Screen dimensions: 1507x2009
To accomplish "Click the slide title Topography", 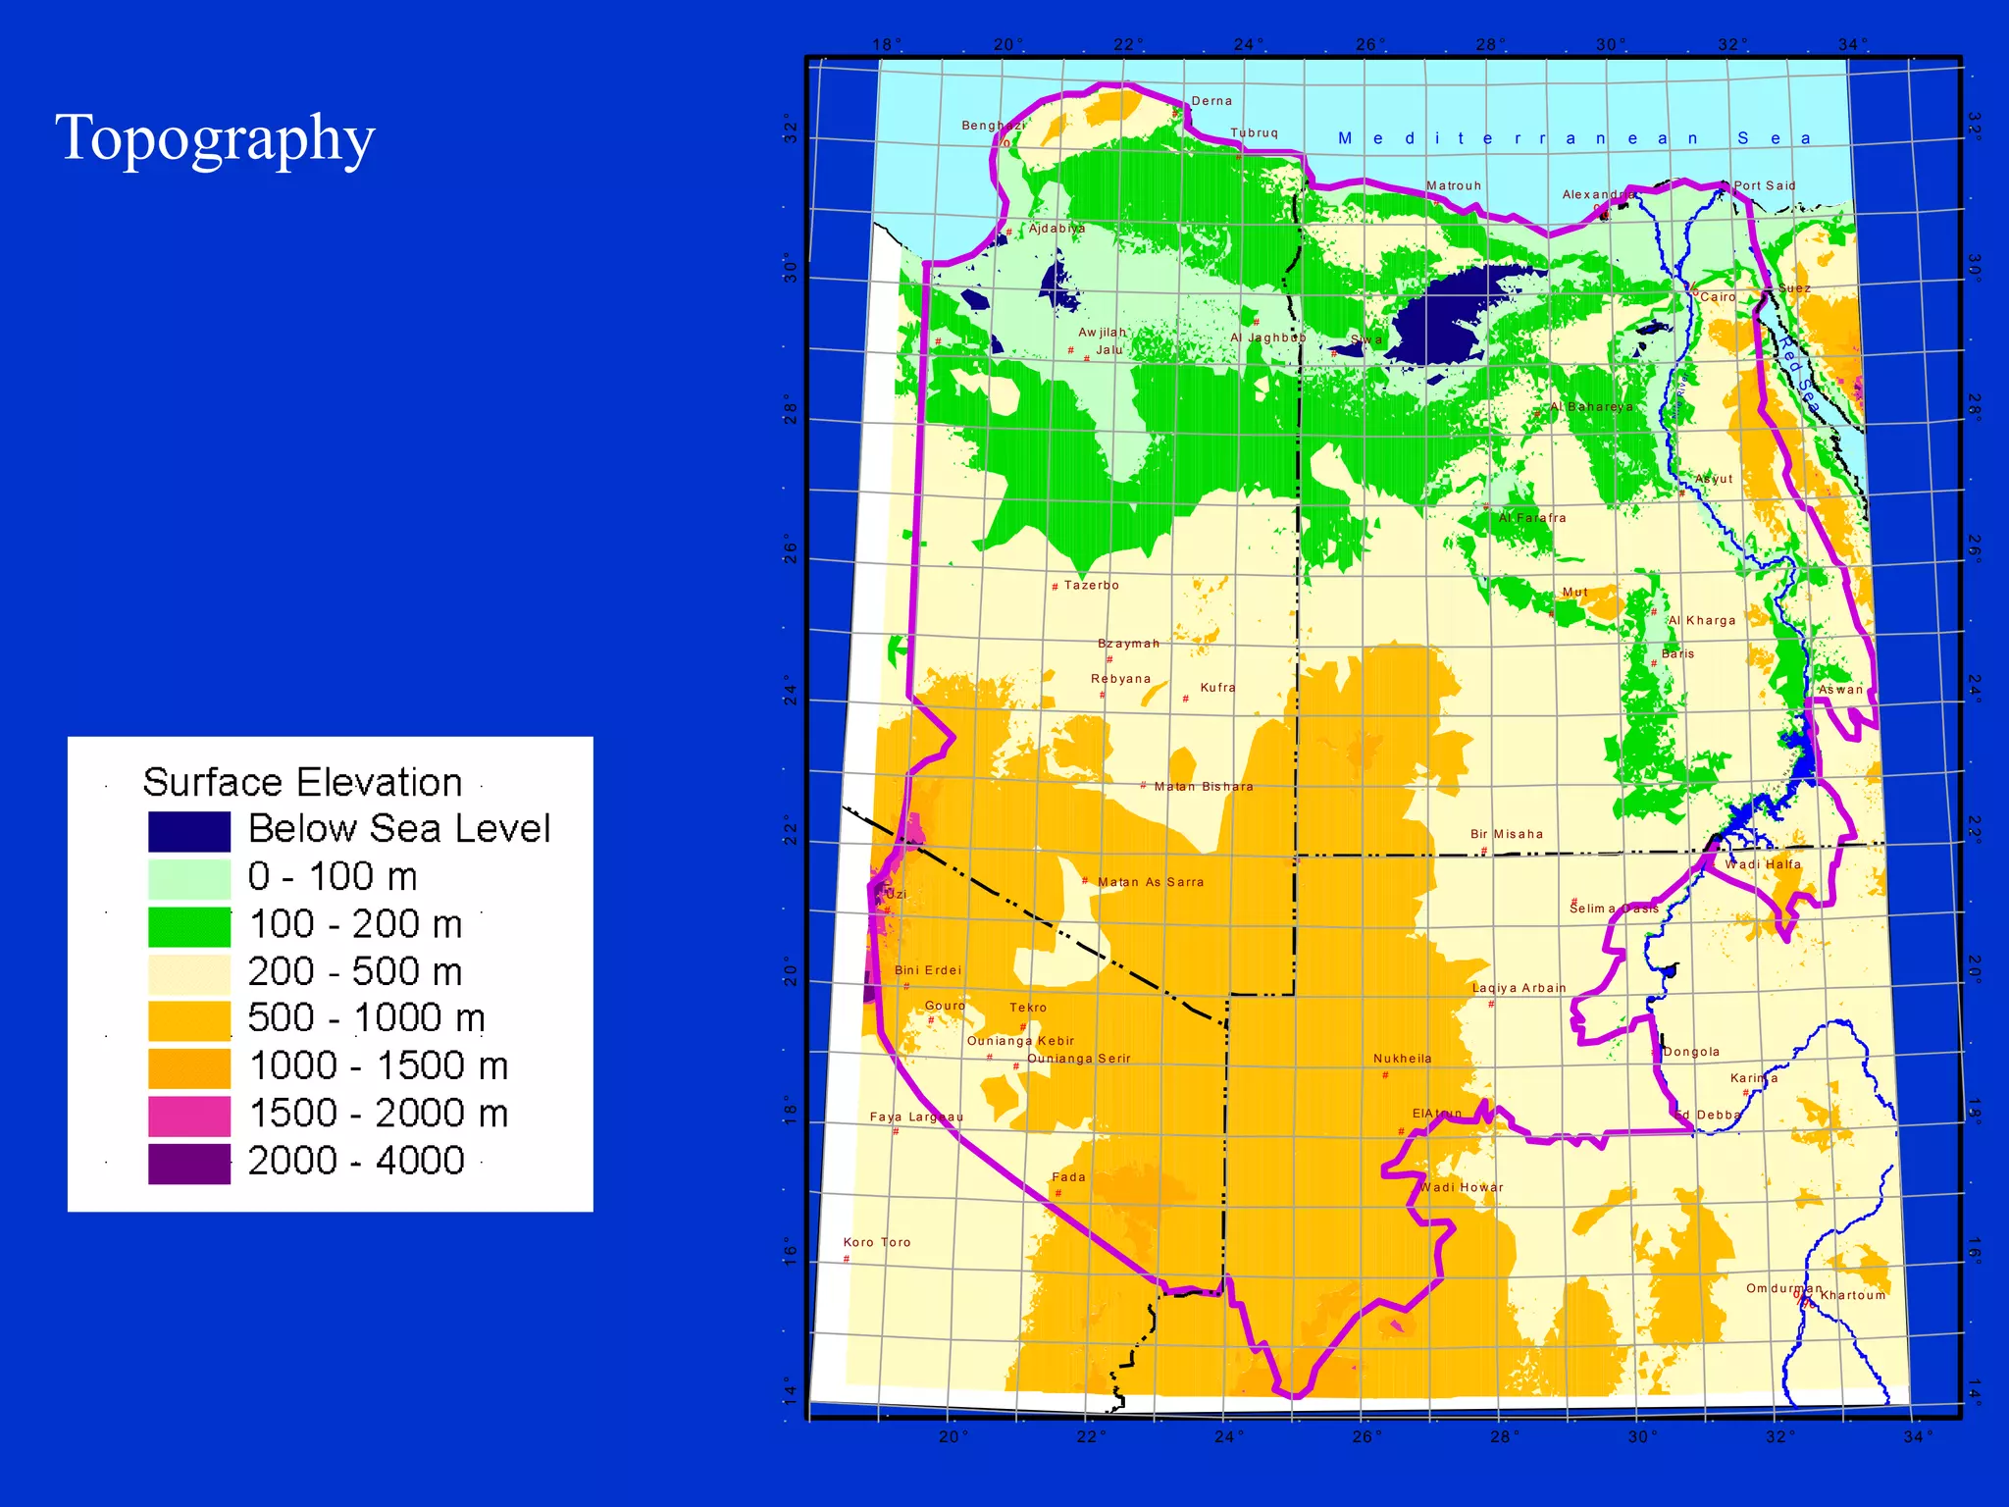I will coord(215,138).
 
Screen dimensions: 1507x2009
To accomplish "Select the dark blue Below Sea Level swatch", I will coord(189,831).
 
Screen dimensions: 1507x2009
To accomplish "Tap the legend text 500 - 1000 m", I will coord(366,1018).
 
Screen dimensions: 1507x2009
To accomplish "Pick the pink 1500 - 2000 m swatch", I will coord(189,1116).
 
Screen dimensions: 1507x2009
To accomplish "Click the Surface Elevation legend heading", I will coord(302,783).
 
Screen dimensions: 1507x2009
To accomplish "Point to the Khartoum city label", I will coord(1852,1295).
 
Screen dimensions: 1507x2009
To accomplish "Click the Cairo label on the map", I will coord(1718,297).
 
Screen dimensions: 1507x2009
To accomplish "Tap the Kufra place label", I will coord(1217,688).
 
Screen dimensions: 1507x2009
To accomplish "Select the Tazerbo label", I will coord(1091,586).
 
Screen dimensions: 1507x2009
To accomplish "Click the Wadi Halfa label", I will coord(1763,864).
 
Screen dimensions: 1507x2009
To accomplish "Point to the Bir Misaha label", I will coord(1506,834).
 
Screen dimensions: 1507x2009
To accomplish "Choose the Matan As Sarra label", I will coord(1150,882).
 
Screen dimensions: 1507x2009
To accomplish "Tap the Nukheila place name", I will coord(1402,1059).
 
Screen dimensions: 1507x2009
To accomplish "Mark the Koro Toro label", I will coord(877,1242).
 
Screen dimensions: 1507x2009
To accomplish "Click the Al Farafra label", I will coord(1531,518).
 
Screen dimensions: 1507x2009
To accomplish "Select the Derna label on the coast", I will coord(1211,101).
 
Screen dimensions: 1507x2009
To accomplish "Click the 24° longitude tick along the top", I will coord(1248,44).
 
